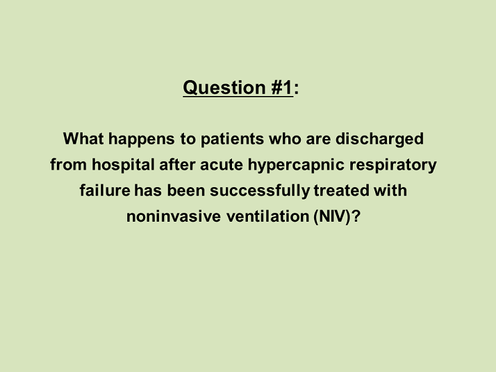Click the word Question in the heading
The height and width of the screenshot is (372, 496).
[x=224, y=88]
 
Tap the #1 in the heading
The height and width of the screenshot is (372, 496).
[x=282, y=88]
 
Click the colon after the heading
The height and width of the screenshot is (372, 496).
[x=297, y=89]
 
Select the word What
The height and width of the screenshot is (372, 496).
[x=83, y=138]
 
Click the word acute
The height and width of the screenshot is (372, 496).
[x=222, y=165]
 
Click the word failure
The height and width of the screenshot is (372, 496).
[x=105, y=191]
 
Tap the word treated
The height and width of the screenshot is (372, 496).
[x=341, y=191]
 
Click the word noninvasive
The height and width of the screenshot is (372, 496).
[x=174, y=216]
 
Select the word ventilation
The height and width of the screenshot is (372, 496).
[x=267, y=216]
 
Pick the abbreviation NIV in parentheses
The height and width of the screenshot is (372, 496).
[x=332, y=217]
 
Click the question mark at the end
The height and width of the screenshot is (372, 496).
[x=356, y=216]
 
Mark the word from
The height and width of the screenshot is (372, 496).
[x=68, y=165]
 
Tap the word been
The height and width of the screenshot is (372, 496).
[x=186, y=191]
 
